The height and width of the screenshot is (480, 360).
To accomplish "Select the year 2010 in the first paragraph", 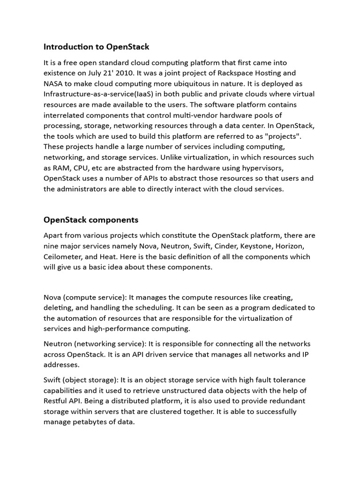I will tap(119, 73).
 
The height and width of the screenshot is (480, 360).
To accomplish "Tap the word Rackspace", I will tap(246, 73).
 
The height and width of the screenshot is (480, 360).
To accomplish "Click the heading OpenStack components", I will tap(91, 220).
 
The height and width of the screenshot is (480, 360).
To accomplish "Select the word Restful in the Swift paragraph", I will tap(57, 401).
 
